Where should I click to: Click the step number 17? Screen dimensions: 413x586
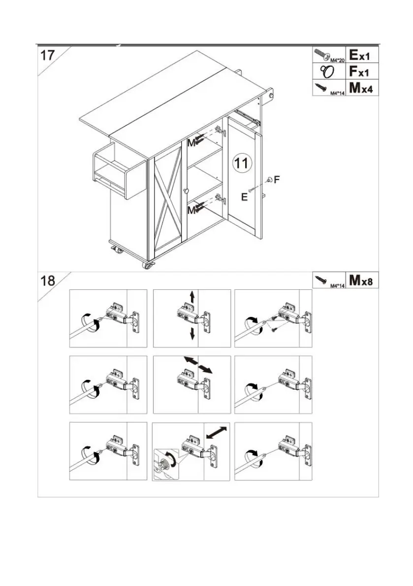click(x=48, y=54)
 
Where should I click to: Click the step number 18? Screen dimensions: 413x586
click(x=48, y=281)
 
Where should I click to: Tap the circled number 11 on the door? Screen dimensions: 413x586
click(x=242, y=163)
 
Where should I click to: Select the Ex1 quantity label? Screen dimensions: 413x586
click(x=363, y=54)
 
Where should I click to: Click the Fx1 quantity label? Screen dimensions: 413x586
click(x=363, y=71)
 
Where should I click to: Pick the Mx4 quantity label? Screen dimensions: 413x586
click(x=363, y=89)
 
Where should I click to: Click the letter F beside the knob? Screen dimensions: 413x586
click(x=277, y=180)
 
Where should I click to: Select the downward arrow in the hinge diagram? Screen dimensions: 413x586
click(x=192, y=334)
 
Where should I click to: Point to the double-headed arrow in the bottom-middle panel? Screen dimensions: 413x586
click(x=217, y=432)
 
